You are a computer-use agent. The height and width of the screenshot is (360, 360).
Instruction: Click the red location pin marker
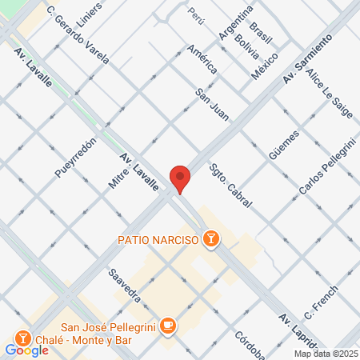point(180,178)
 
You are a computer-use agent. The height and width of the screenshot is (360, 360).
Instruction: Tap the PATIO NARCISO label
point(158,238)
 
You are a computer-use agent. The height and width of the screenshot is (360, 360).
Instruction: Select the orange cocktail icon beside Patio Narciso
point(210,238)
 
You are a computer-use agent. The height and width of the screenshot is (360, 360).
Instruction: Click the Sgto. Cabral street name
point(230,186)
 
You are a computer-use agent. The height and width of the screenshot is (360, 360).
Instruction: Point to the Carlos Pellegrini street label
point(326,166)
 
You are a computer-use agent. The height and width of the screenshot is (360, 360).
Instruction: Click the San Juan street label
point(213,104)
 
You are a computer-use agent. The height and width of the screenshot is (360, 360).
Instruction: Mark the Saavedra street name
point(126,284)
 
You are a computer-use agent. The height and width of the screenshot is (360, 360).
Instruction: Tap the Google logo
point(27,350)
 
